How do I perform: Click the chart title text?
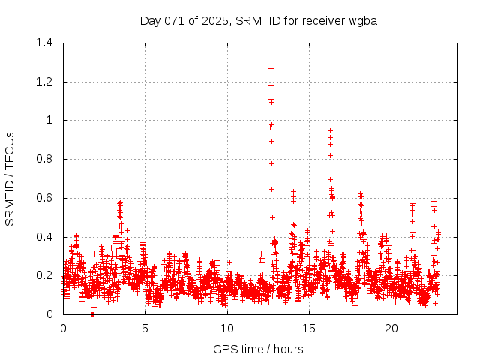[258, 20]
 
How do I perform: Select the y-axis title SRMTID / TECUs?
[10, 178]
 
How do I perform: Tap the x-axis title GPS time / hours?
[258, 349]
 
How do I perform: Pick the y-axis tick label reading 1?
[49, 120]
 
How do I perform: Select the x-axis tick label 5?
[145, 328]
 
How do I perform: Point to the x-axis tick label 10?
[227, 328]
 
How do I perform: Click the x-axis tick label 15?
[309, 328]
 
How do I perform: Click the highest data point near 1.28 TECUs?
[271, 64]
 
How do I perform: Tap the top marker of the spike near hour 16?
[330, 130]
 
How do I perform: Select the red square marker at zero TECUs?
[92, 314]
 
